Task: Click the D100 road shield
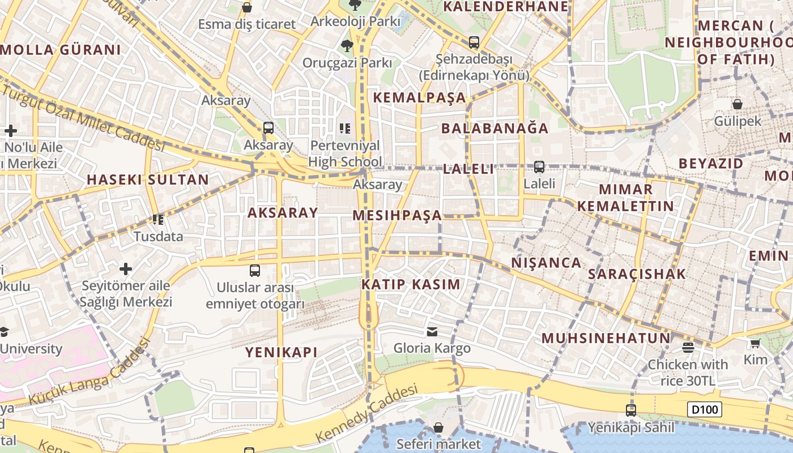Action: point(705,409)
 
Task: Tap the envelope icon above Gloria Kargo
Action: point(432,332)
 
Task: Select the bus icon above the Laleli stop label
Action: point(539,167)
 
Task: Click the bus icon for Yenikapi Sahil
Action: point(630,410)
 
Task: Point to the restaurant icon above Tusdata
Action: point(158,219)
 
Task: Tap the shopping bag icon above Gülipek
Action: point(737,104)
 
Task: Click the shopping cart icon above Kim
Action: point(755,343)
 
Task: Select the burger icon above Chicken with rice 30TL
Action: point(688,347)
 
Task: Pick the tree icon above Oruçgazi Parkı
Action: point(347,45)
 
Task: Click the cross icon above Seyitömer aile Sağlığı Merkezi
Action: point(126,268)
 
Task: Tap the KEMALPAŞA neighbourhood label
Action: point(419,97)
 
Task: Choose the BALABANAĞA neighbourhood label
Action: point(494,128)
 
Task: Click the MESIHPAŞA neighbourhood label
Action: point(396,215)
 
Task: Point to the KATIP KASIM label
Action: point(411,284)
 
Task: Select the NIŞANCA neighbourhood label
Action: point(546,263)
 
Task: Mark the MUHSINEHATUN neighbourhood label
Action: point(606,339)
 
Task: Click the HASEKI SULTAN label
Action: point(147,180)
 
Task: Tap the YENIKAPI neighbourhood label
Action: point(281,352)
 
